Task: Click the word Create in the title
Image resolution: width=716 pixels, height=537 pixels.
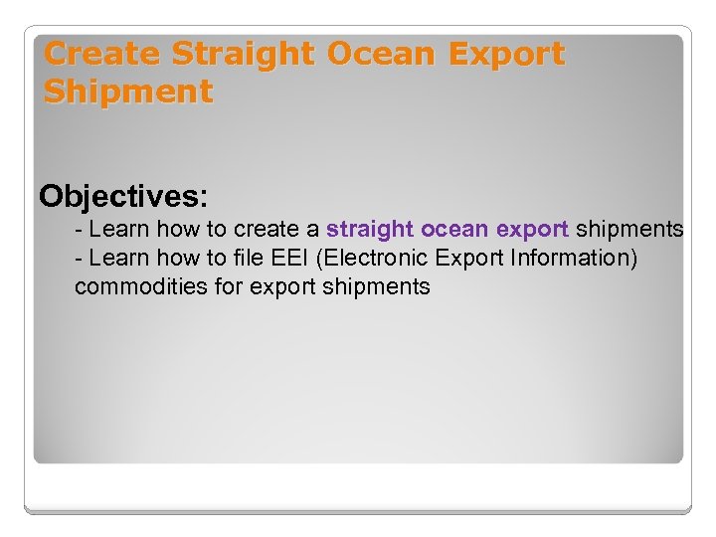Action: pyautogui.click(x=103, y=54)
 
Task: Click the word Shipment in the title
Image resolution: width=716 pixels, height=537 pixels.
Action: pyautogui.click(x=128, y=92)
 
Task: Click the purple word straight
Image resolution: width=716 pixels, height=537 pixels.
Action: pyautogui.click(x=370, y=229)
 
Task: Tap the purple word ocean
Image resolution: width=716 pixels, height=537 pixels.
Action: pyautogui.click(x=454, y=229)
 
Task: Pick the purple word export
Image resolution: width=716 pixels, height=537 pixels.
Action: pyautogui.click(x=532, y=229)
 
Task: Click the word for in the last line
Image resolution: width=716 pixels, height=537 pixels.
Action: pyautogui.click(x=225, y=287)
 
